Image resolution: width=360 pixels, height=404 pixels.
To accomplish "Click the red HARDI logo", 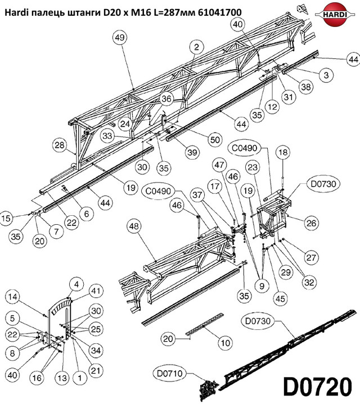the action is (335, 15).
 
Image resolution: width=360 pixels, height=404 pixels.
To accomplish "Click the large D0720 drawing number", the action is (317, 387).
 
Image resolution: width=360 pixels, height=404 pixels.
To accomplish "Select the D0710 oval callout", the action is (169, 373).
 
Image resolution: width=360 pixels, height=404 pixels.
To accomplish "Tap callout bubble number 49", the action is (120, 38).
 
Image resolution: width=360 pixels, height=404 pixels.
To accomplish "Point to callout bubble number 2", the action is (197, 47).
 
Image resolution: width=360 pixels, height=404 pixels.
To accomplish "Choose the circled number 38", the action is (306, 87).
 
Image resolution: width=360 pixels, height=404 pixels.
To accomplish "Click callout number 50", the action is (215, 140).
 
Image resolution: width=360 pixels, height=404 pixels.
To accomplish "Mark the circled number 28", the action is (59, 145).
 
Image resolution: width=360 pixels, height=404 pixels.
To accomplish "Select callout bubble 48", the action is (134, 226).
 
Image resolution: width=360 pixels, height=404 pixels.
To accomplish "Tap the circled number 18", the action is (283, 152).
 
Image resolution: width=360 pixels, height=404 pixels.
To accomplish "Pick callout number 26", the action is (311, 223).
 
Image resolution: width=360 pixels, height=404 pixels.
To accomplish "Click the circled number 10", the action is (225, 343).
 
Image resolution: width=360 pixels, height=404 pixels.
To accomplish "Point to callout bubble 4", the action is (76, 284).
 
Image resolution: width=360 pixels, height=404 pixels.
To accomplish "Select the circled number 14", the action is (12, 297).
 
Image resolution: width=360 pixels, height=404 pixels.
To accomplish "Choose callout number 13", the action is (62, 378).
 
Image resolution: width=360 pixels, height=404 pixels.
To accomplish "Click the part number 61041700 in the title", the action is (220, 12).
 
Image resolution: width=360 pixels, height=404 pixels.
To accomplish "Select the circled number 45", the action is (280, 298).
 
